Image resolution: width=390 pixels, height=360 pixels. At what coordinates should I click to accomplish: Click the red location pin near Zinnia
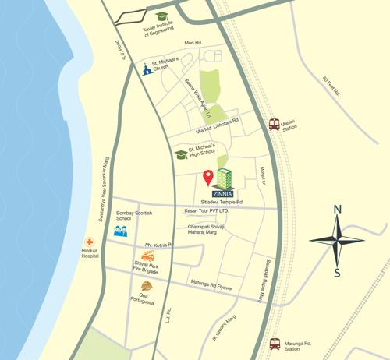coord(208,177)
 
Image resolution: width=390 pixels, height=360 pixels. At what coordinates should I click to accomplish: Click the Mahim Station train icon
coord(274,124)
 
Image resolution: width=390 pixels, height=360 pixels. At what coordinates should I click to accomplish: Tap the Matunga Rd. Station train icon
coord(275,343)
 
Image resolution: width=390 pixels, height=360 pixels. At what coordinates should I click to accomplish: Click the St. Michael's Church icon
coord(146,70)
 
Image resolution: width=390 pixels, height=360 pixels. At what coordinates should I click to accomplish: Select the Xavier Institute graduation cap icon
coord(161,16)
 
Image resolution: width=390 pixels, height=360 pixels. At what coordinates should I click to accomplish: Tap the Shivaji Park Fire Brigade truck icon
coord(147,256)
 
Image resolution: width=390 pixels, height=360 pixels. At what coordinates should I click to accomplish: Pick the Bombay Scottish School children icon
coord(120,231)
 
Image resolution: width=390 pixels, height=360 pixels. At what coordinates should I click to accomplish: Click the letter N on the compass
coord(337,209)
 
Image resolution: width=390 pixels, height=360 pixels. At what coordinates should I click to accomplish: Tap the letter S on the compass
coord(337,272)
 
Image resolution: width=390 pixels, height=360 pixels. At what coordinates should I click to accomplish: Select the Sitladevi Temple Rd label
coord(222,202)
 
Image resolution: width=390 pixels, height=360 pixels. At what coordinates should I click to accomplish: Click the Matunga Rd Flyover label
coord(211,284)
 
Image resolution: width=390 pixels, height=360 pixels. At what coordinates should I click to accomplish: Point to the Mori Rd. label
coord(193,43)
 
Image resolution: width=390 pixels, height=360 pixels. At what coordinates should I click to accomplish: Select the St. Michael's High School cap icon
coord(181,154)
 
